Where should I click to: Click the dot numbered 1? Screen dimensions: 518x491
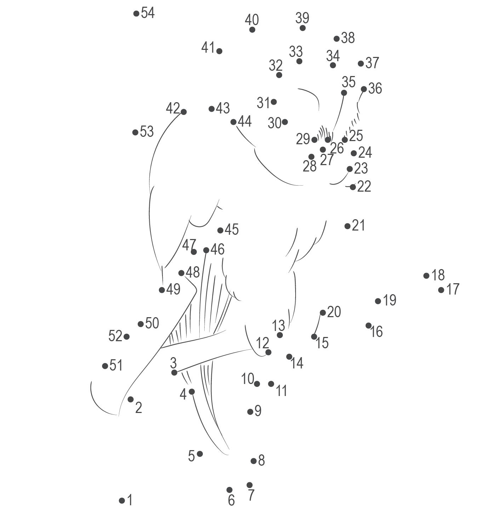pyautogui.click(x=122, y=500)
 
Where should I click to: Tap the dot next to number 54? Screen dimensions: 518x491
pyautogui.click(x=136, y=13)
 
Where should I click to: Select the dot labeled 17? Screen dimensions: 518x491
pyautogui.click(x=441, y=290)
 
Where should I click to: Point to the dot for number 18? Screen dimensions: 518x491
pyautogui.click(x=426, y=275)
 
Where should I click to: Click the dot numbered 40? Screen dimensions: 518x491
pyautogui.click(x=252, y=30)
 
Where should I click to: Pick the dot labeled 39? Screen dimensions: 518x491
pyautogui.click(x=302, y=28)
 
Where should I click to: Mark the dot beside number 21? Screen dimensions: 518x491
pyautogui.click(x=347, y=226)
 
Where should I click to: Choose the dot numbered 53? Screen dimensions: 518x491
pyautogui.click(x=135, y=132)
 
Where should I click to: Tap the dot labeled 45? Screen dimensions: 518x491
pyautogui.click(x=220, y=230)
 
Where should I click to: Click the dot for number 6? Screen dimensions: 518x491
pyautogui.click(x=229, y=490)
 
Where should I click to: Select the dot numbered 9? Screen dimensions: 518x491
pyautogui.click(x=250, y=412)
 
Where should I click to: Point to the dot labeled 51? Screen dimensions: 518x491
pyautogui.click(x=105, y=366)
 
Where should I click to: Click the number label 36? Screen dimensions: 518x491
pyautogui.click(x=375, y=88)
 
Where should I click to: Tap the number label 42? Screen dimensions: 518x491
pyautogui.click(x=173, y=108)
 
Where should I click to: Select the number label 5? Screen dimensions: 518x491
pyautogui.click(x=191, y=456)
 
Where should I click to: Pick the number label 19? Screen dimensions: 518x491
pyautogui.click(x=389, y=300)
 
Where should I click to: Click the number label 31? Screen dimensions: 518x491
pyautogui.click(x=263, y=103)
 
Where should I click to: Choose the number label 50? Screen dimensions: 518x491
pyautogui.click(x=152, y=323)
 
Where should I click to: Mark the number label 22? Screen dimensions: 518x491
pyautogui.click(x=364, y=186)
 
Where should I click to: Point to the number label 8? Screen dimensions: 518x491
pyautogui.click(x=261, y=460)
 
